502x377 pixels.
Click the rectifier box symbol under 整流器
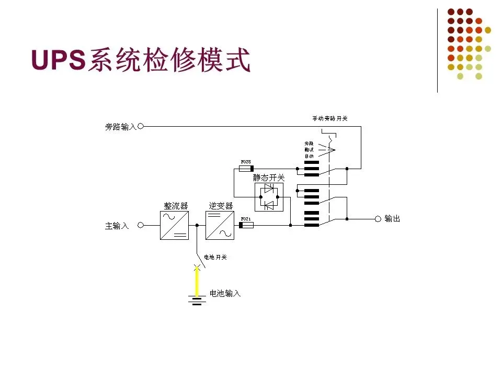point(174,225)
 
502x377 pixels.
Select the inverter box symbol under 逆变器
point(220,225)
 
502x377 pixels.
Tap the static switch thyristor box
point(269,197)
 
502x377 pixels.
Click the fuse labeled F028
point(246,169)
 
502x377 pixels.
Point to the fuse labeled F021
point(246,225)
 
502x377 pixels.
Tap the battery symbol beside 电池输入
point(197,300)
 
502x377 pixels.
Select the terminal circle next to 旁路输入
point(140,126)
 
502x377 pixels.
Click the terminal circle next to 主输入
point(140,225)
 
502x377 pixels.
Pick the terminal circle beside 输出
point(378,218)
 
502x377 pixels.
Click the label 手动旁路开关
point(327,119)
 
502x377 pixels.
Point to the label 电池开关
point(215,257)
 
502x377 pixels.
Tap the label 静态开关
point(269,178)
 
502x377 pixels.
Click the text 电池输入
point(225,294)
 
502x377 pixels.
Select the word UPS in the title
point(59,61)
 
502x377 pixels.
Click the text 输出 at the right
point(392,218)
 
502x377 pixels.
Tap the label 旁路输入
point(120,127)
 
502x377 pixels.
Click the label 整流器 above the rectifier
point(176,206)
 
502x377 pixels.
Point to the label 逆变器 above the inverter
point(221,206)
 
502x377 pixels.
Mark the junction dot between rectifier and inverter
point(197,225)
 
